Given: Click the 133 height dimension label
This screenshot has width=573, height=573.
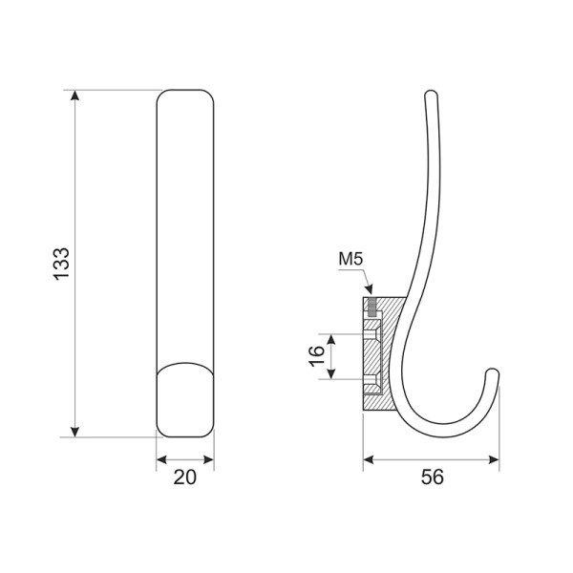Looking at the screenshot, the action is [61, 264].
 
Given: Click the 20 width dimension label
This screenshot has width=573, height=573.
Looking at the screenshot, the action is [185, 477].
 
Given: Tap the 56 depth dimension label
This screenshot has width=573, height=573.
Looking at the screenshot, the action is [433, 477].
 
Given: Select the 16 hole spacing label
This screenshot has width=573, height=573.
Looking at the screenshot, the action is [316, 356].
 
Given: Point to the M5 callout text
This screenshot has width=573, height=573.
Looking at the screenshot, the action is [350, 259].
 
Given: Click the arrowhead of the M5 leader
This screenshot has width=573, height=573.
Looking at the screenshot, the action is [370, 289].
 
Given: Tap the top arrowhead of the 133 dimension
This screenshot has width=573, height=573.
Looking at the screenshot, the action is [74, 95].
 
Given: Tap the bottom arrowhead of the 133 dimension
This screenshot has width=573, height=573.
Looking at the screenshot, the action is [74, 432].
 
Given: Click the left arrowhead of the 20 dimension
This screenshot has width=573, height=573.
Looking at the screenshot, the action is [161, 459].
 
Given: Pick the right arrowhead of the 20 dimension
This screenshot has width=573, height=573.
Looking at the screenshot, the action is [208, 459].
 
